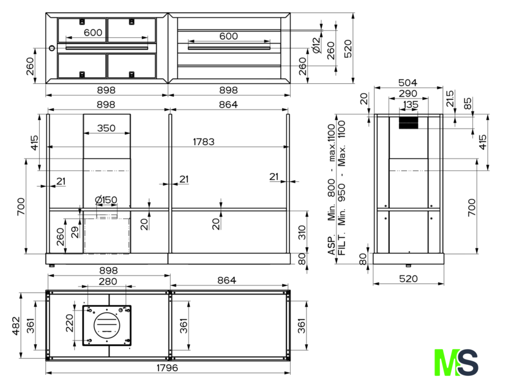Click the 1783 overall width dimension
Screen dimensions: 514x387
pos(204,141)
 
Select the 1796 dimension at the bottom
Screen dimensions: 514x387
pos(167,367)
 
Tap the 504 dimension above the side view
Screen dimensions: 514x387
pos(408,83)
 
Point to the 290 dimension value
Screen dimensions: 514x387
pos(408,94)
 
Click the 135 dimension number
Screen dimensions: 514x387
pos(411,104)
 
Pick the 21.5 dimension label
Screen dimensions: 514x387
pos(450,99)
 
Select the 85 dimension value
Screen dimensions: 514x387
pos(468,103)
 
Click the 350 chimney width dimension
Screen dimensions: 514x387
pos(106,128)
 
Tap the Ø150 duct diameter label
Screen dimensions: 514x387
pos(105,200)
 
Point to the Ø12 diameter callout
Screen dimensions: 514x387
pos(316,45)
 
